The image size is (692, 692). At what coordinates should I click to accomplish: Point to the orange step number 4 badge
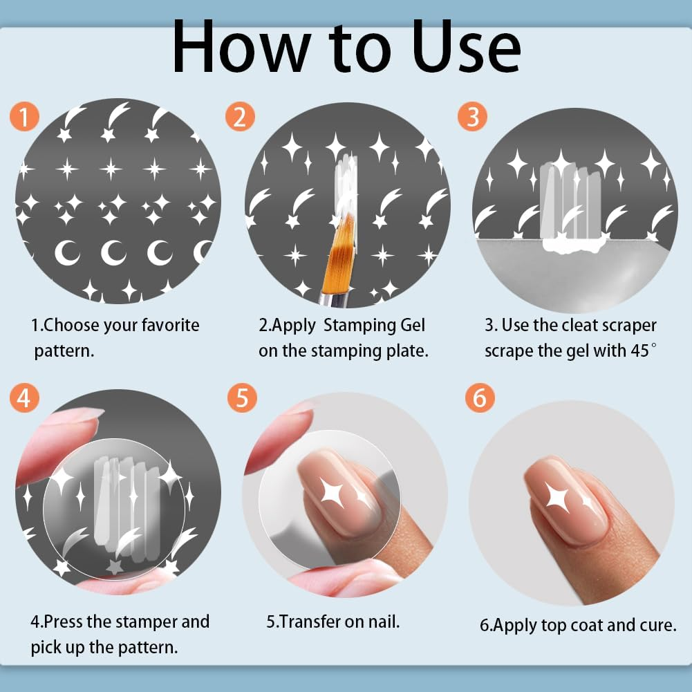pos(25,399)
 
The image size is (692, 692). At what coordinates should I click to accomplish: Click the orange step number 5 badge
pos(242,399)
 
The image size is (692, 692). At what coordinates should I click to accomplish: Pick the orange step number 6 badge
pos(479,399)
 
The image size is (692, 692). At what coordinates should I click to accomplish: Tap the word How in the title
pos(236,47)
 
